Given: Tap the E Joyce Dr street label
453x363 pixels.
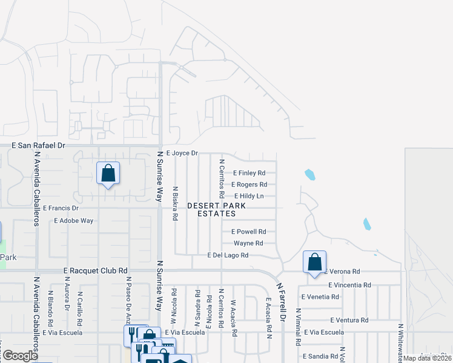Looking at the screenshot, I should pyautogui.click(x=182, y=154).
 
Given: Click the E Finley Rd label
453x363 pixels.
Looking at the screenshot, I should pyautogui.click(x=249, y=173).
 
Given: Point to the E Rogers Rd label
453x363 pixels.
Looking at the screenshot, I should pyautogui.click(x=249, y=185).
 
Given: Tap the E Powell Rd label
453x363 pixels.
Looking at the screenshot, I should pyautogui.click(x=249, y=232).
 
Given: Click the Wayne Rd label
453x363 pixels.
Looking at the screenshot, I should pyautogui.click(x=248, y=243).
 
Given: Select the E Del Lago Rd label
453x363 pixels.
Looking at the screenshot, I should pyautogui.click(x=228, y=256).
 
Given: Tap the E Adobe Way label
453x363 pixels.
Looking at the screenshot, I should pyautogui.click(x=73, y=221).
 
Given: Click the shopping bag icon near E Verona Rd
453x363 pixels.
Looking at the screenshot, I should pyautogui.click(x=314, y=262).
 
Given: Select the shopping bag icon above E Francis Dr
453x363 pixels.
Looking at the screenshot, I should pyautogui.click(x=108, y=173).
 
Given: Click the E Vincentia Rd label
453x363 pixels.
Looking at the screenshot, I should pyautogui.click(x=349, y=285).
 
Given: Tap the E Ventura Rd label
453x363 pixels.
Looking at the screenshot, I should pyautogui.click(x=349, y=320).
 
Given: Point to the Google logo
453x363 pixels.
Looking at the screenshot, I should pyautogui.click(x=20, y=356).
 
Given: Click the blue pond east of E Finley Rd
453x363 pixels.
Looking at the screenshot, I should pyautogui.click(x=310, y=175).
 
